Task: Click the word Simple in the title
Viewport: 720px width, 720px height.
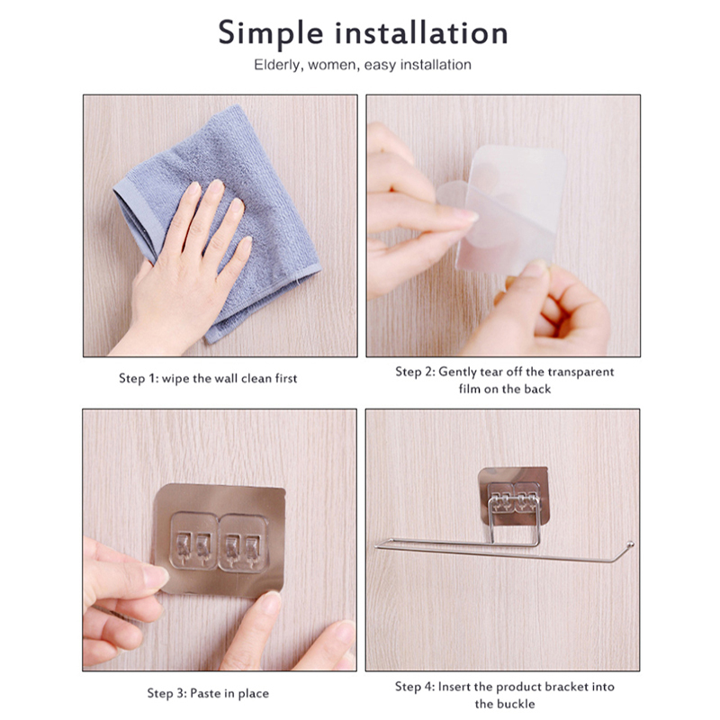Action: tap(271, 34)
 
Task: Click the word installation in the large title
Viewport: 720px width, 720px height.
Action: tap(421, 33)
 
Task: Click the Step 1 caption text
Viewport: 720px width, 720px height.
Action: tap(208, 378)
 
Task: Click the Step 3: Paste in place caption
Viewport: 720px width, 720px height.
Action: tap(208, 693)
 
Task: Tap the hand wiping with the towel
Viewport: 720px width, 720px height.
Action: tap(184, 275)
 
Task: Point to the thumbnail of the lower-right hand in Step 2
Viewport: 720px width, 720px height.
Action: tap(535, 269)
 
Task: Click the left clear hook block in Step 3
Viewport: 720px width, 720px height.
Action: tap(194, 541)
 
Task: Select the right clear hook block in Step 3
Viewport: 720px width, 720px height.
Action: tap(243, 543)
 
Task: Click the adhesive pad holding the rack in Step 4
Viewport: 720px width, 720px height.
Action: tap(514, 496)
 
